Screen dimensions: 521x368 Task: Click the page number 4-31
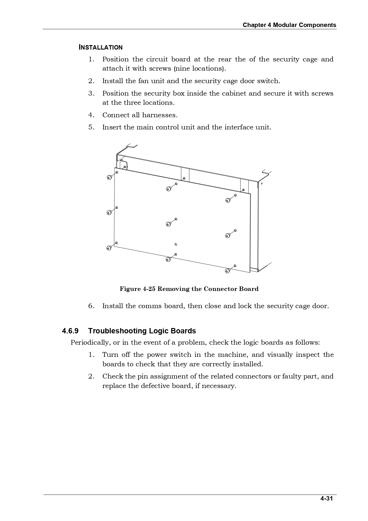click(x=326, y=498)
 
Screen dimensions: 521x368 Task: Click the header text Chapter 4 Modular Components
click(x=289, y=25)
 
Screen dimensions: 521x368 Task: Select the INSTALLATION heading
click(x=100, y=47)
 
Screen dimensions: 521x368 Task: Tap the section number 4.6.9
click(x=70, y=331)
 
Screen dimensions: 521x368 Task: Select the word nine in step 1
click(x=183, y=69)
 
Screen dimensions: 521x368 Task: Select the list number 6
click(x=91, y=306)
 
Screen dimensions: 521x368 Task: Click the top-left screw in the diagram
click(x=109, y=177)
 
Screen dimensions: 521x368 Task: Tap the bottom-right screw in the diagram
click(x=228, y=271)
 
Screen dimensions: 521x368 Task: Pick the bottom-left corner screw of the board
click(x=109, y=248)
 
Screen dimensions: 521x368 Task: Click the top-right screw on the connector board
click(x=228, y=200)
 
